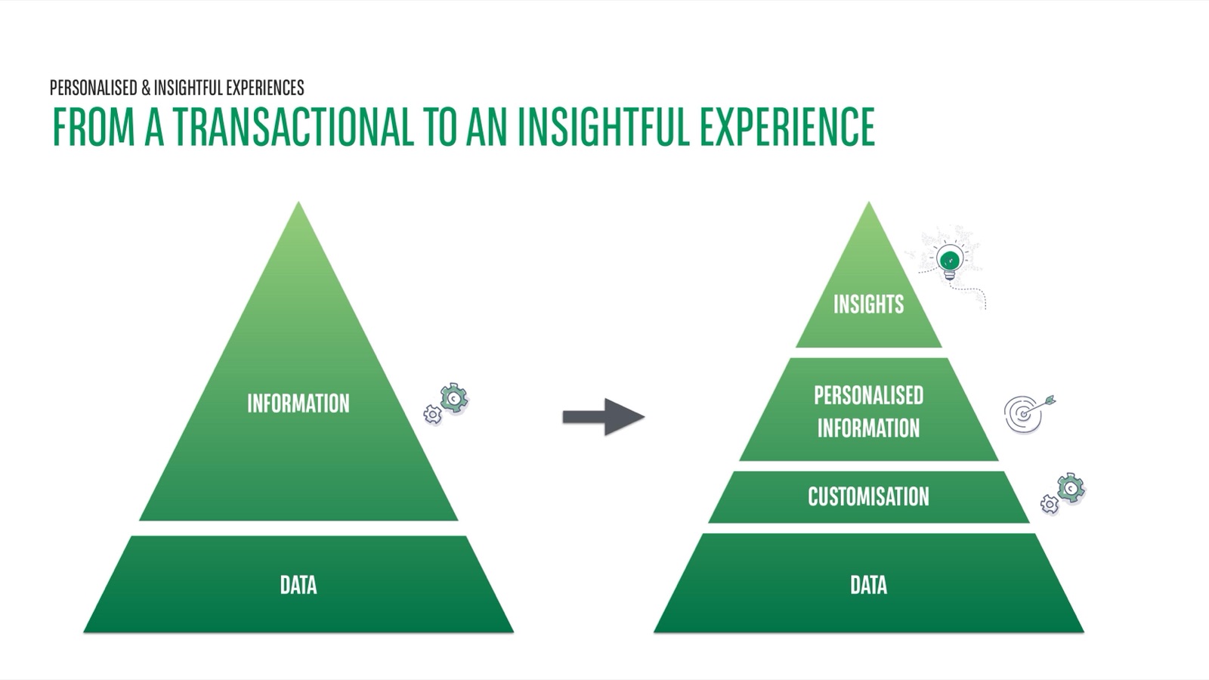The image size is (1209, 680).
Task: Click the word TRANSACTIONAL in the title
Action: [294, 127]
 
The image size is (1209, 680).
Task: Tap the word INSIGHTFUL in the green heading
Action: [604, 127]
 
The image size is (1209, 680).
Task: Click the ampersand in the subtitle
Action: [145, 88]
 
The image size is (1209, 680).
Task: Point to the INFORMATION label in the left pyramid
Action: [298, 403]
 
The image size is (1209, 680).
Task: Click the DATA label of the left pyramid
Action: [298, 585]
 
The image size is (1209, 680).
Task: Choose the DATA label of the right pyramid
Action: [868, 585]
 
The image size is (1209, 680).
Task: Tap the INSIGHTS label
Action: [868, 304]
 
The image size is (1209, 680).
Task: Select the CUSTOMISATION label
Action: [868, 496]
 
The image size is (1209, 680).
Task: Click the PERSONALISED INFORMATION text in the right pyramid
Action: [868, 411]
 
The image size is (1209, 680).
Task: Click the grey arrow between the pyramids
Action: [603, 416]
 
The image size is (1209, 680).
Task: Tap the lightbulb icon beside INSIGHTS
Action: [949, 261]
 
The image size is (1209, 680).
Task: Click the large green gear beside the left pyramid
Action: [454, 397]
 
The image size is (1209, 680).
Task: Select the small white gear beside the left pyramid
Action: [432, 414]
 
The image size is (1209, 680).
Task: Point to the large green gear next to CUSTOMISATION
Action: [1071, 487]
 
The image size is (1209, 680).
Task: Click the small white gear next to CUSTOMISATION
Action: [1050, 504]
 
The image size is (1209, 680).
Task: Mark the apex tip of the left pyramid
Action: [298, 204]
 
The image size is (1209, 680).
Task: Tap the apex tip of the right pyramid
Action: [868, 204]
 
